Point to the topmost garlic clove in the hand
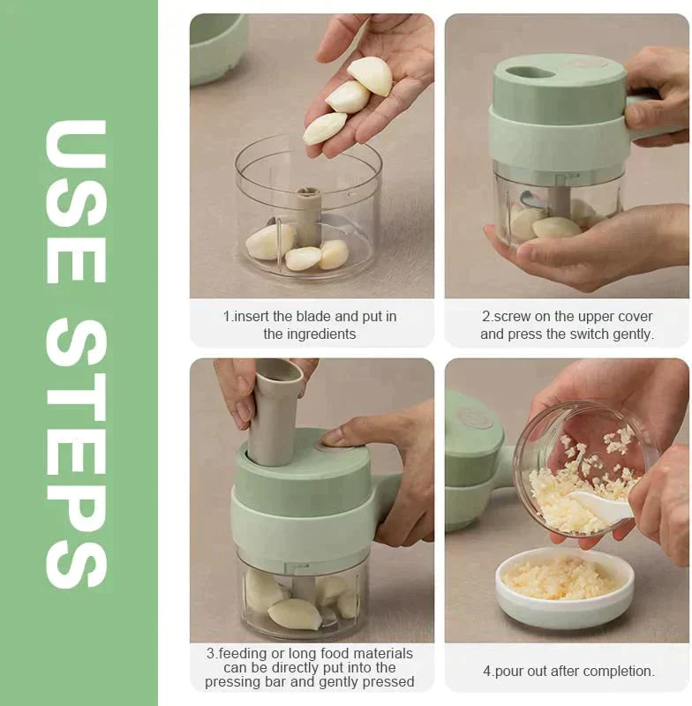coord(372,75)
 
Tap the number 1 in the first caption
coord(226,316)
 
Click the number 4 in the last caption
coord(486,671)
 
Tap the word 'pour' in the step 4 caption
coord(509,671)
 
